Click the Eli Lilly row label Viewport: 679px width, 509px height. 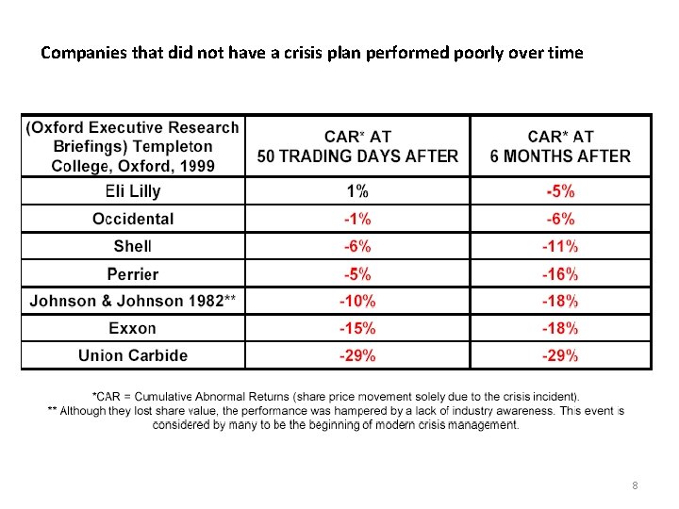(x=132, y=191)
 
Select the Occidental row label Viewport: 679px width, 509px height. (x=132, y=219)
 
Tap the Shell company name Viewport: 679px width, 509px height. (x=132, y=247)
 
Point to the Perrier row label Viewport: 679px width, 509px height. (x=132, y=274)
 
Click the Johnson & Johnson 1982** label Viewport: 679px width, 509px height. (x=132, y=302)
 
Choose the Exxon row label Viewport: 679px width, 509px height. (x=132, y=329)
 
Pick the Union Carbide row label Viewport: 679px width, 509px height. (x=132, y=356)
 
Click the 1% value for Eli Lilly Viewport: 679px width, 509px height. (x=357, y=191)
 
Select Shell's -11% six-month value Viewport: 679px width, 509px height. (x=561, y=247)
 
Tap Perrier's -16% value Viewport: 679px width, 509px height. (x=561, y=274)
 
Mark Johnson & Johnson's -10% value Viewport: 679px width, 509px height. (x=357, y=302)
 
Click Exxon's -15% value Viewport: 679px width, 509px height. (x=357, y=329)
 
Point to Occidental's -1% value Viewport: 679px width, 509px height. (x=357, y=219)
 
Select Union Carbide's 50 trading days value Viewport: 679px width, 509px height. (x=357, y=356)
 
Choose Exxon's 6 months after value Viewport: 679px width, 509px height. (x=561, y=329)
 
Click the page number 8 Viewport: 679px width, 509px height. (x=635, y=485)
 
